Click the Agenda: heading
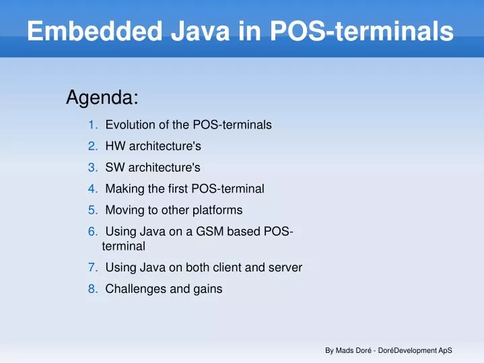point(102,98)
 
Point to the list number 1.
point(93,125)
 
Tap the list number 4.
point(93,189)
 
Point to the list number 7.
point(93,267)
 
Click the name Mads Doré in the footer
point(355,351)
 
